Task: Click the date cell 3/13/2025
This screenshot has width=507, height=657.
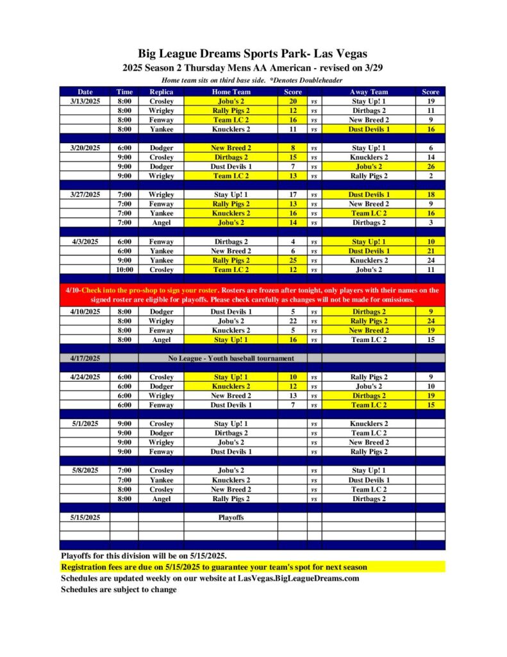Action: (85, 101)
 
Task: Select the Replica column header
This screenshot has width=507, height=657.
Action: (161, 92)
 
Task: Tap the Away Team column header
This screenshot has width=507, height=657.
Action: (369, 92)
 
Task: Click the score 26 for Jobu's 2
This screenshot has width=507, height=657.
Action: (430, 166)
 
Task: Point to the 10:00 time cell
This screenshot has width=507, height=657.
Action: (124, 269)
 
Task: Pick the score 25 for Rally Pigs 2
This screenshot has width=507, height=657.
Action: (292, 260)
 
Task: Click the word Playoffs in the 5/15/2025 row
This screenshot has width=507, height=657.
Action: (230, 516)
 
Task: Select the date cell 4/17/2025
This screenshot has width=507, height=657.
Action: (85, 358)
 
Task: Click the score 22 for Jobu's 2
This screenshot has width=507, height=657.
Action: (292, 321)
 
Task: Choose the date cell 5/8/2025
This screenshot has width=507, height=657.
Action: (85, 470)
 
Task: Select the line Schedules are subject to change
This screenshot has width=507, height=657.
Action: (119, 589)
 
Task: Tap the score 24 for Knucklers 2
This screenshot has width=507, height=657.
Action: (430, 260)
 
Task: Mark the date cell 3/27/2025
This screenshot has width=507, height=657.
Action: (85, 194)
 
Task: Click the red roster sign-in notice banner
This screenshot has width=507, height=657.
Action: (253, 294)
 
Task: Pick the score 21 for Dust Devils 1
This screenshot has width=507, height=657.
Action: (430, 251)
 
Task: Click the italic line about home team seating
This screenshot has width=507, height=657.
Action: (253, 80)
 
